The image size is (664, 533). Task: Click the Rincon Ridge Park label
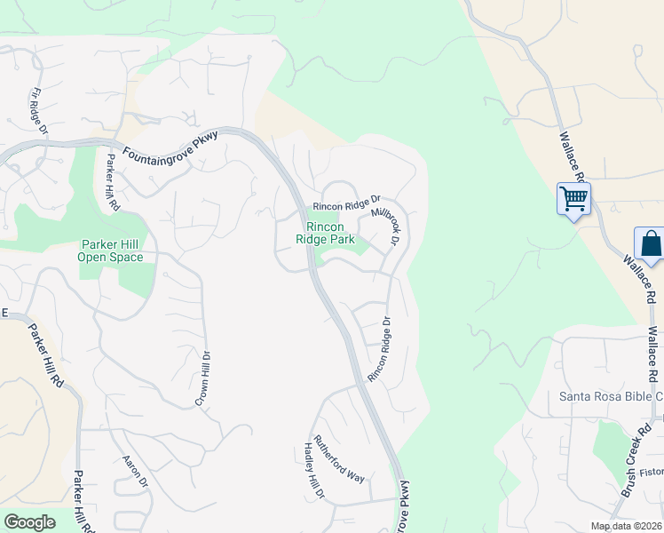[x=325, y=233]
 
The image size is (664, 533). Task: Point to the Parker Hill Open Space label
[x=112, y=251]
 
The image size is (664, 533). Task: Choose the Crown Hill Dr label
[x=204, y=378]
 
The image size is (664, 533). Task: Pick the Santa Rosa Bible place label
[x=610, y=396]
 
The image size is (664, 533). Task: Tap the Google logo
[x=29, y=522]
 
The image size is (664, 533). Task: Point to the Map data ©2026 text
[x=627, y=526]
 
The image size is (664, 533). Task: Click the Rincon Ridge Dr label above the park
[x=346, y=205]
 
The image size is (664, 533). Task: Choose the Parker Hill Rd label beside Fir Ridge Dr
[x=113, y=181]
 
